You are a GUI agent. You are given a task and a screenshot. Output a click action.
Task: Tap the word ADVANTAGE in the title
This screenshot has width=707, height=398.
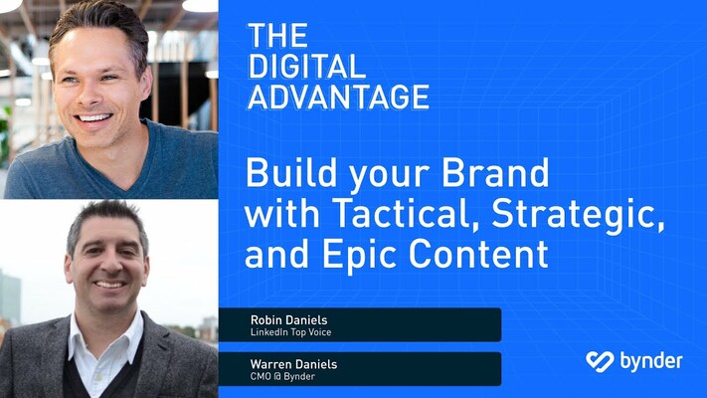[x=338, y=97]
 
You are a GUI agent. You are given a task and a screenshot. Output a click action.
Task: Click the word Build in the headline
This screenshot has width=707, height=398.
[x=281, y=173]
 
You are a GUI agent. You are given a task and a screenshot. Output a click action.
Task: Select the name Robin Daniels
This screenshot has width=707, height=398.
[x=288, y=320]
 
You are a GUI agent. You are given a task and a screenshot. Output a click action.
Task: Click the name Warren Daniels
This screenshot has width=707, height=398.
[x=293, y=364]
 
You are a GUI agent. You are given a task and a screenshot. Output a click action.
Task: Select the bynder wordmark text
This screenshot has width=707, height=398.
[x=649, y=360]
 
